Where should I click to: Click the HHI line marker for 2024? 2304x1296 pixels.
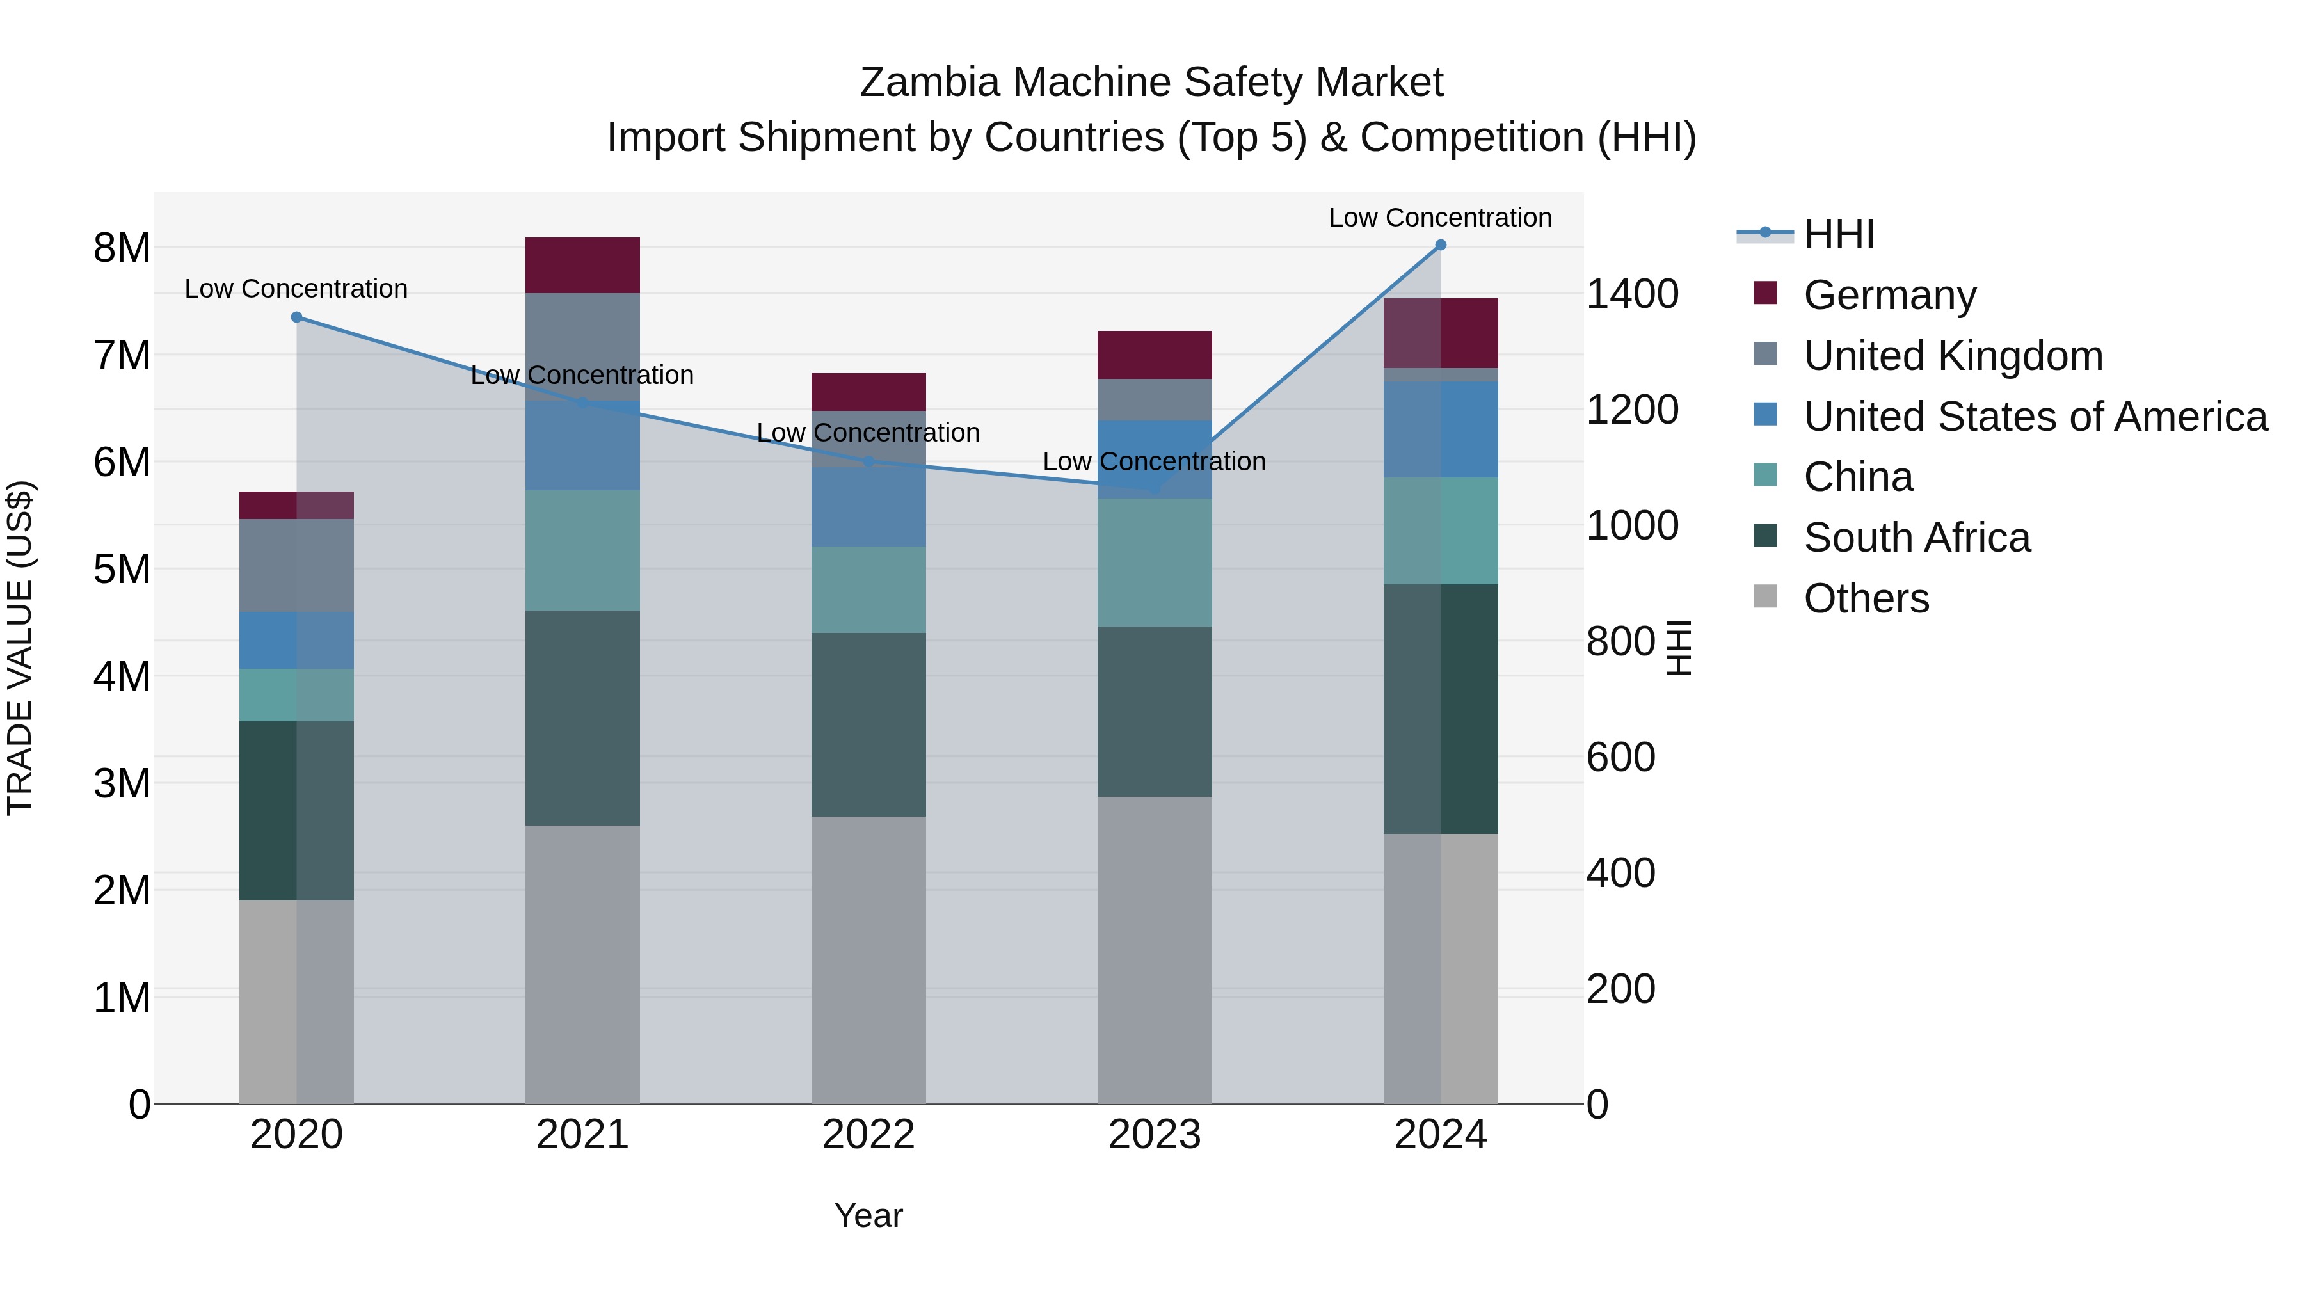[1440, 245]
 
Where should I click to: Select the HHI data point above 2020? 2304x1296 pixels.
[297, 317]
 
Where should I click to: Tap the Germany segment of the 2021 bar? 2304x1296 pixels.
[582, 266]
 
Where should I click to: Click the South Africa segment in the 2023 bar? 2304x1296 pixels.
[1154, 711]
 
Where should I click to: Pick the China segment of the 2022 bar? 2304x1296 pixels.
[868, 589]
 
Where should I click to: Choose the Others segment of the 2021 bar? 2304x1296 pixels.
[582, 964]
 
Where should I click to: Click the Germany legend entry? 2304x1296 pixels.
[1889, 295]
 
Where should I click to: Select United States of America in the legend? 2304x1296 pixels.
[2035, 417]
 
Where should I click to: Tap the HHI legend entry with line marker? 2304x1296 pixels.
[1838, 234]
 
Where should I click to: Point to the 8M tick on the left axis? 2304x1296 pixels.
[122, 248]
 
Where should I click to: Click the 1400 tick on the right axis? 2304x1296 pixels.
[1631, 294]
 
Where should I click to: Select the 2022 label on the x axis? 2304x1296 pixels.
[868, 1135]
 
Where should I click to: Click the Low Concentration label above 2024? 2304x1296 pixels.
[1439, 218]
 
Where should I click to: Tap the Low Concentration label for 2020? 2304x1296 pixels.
[296, 289]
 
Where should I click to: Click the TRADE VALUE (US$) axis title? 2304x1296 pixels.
[20, 648]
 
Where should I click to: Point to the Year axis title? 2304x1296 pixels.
[868, 1215]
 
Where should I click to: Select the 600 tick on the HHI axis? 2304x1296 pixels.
[1620, 758]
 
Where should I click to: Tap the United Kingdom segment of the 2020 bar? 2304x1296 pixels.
[296, 565]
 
